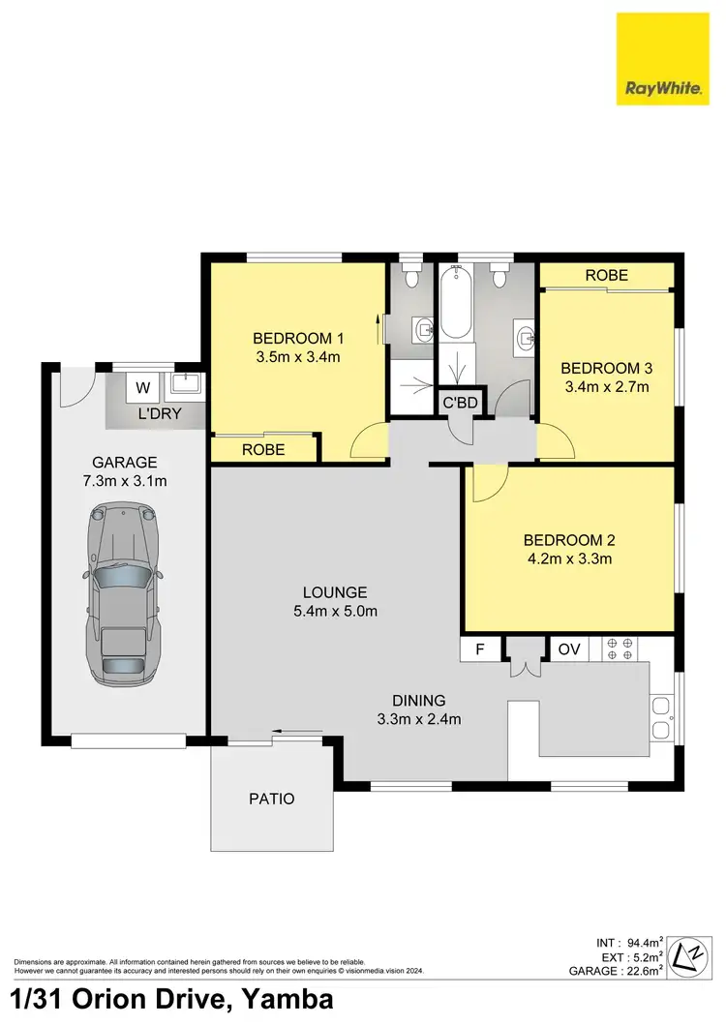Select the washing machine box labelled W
143,388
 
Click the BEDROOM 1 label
298,338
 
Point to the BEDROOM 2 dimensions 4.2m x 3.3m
568,558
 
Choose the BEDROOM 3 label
606,368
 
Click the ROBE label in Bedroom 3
606,275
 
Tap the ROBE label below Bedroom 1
263,449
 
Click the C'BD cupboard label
460,403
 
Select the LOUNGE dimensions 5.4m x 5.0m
334,611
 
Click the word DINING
418,700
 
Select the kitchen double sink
661,718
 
